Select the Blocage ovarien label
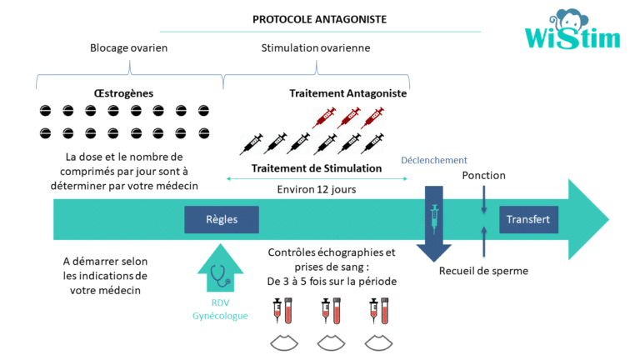coord(128,47)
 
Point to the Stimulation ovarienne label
coord(317,47)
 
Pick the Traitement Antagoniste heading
coord(347,93)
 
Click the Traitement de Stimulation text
coord(317,168)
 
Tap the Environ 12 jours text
coord(317,189)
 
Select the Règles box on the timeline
coord(222,220)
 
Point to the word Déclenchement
coord(434,160)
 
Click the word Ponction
coord(483,175)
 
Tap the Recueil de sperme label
coord(483,270)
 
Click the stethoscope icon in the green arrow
coord(221,274)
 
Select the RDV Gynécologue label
coord(221,309)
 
